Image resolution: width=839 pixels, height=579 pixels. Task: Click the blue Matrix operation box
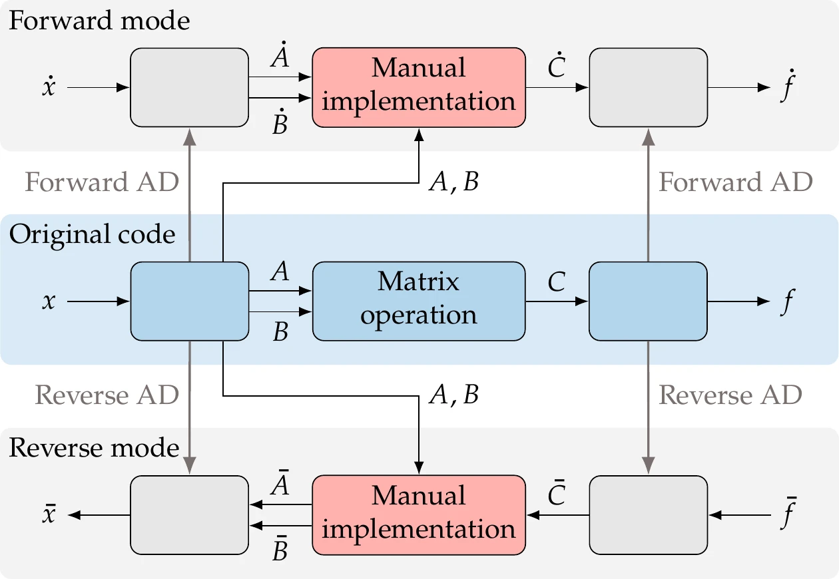[x=419, y=301]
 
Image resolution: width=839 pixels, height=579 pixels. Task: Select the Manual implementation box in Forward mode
[x=419, y=87]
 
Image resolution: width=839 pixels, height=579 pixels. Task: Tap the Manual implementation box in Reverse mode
[x=419, y=514]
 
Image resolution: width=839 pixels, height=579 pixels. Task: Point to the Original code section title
[x=92, y=234]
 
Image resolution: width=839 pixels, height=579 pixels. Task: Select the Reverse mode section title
[x=95, y=448]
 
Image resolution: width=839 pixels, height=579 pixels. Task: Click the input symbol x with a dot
[x=48, y=87]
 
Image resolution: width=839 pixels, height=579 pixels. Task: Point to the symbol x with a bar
[x=48, y=515]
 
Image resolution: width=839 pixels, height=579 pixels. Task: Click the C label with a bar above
[x=556, y=494]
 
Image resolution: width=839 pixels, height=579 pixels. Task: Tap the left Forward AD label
[x=102, y=182]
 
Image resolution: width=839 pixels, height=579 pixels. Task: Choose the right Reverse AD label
[x=730, y=395]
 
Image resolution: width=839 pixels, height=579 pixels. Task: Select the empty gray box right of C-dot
[x=648, y=87]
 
